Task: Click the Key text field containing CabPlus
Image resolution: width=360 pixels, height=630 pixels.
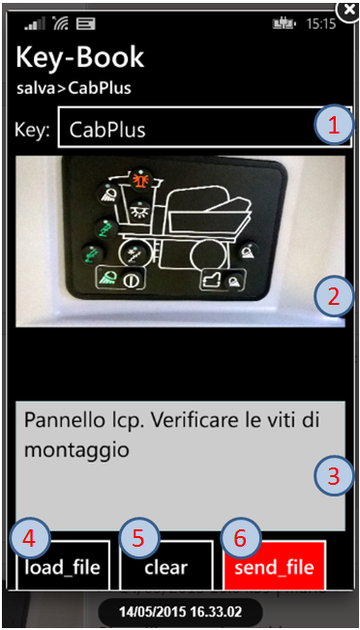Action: point(205,127)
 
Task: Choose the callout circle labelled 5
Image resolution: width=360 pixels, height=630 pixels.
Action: point(139,539)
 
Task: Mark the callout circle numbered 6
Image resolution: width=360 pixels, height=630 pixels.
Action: point(241,539)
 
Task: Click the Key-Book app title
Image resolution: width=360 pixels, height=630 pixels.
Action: point(80,57)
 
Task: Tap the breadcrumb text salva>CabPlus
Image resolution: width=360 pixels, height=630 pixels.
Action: point(74,88)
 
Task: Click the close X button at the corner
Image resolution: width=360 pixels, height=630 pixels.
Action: point(348,11)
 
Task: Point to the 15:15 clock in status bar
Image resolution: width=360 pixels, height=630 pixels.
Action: point(320,24)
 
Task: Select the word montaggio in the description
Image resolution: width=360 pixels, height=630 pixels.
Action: point(76,450)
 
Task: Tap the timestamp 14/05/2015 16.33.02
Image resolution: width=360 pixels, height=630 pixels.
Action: point(180,613)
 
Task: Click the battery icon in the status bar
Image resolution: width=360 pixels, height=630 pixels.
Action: point(285,24)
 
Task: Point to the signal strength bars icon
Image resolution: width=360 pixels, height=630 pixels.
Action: point(35,24)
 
